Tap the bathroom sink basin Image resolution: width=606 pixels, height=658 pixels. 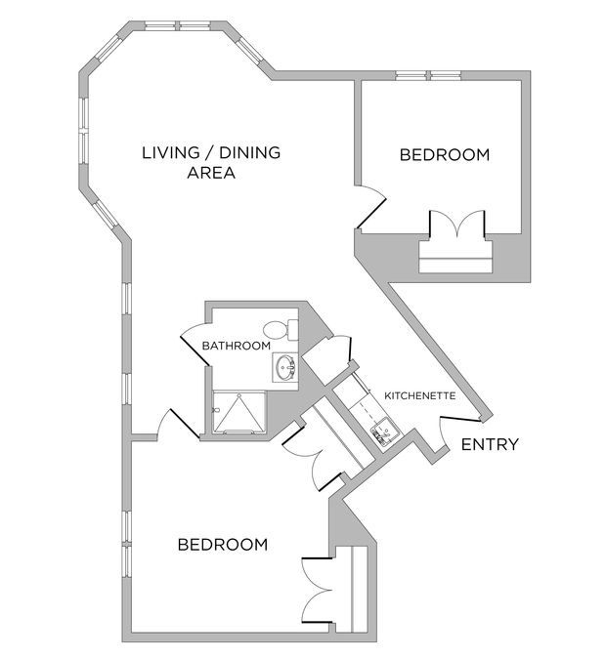coord(285,368)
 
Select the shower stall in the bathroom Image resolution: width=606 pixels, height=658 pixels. coord(236,413)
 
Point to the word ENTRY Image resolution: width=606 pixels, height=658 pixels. coord(489,445)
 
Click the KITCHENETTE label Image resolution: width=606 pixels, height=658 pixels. coord(419,395)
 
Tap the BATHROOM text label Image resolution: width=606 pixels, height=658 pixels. coord(236,346)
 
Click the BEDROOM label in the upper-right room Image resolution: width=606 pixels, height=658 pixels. coord(445,154)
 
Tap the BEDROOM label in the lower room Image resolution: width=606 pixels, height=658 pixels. coord(222,545)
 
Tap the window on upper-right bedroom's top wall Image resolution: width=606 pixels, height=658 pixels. coord(427,75)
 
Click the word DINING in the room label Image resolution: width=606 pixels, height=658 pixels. coord(249,152)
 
